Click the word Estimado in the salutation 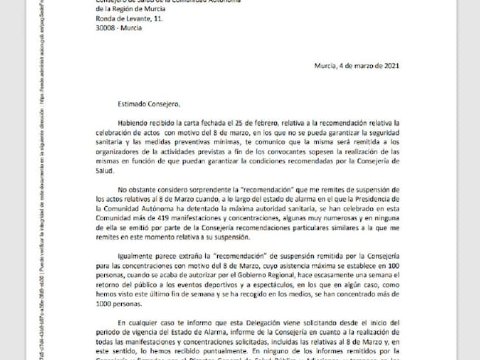(x=116, y=104)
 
